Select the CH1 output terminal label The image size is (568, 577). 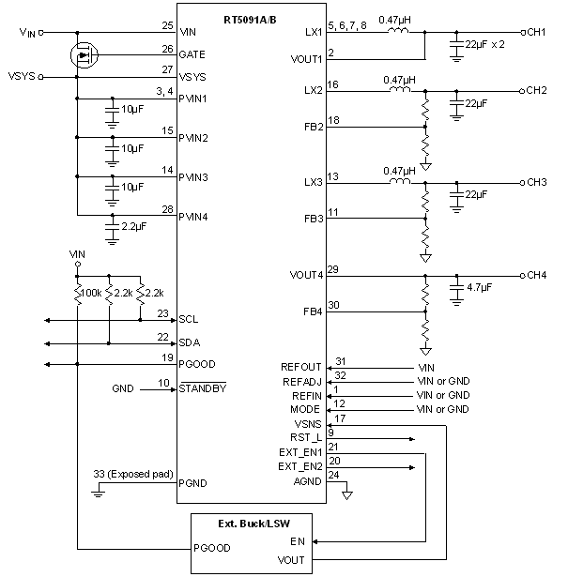[x=537, y=32]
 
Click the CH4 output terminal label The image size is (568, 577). [x=537, y=276]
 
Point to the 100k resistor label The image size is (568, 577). [x=92, y=295]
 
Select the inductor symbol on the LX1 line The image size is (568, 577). [x=394, y=31]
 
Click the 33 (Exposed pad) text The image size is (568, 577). [x=133, y=473]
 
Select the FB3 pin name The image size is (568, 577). [x=314, y=219]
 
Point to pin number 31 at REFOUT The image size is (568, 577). [x=340, y=361]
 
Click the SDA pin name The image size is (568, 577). [x=190, y=342]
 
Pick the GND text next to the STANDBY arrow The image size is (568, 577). [x=123, y=387]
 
